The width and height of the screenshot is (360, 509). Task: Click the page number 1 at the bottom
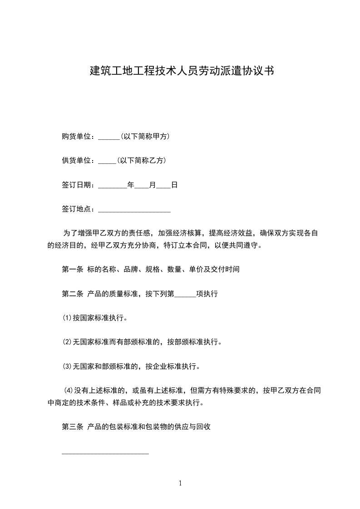coord(180,483)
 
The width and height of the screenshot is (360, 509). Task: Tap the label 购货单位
coord(77,136)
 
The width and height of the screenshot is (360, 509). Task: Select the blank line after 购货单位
coord(108,137)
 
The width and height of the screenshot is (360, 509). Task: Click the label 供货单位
coord(77,161)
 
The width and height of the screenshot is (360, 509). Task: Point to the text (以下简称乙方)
coord(141,161)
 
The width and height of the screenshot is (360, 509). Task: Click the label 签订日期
coord(77,185)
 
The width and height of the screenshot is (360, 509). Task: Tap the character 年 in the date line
coord(131,185)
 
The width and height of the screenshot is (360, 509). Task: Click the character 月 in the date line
coord(153,185)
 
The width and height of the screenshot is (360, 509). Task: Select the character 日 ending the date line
coord(174,185)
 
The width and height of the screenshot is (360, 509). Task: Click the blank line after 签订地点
coord(134,210)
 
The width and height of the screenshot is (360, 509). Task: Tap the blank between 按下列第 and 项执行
coord(185,295)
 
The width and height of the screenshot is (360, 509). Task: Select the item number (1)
coord(67,318)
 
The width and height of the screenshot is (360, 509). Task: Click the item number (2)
coord(67,342)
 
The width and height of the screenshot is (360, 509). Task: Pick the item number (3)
coord(67,366)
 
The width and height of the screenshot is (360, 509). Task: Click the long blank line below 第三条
coord(105,452)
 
